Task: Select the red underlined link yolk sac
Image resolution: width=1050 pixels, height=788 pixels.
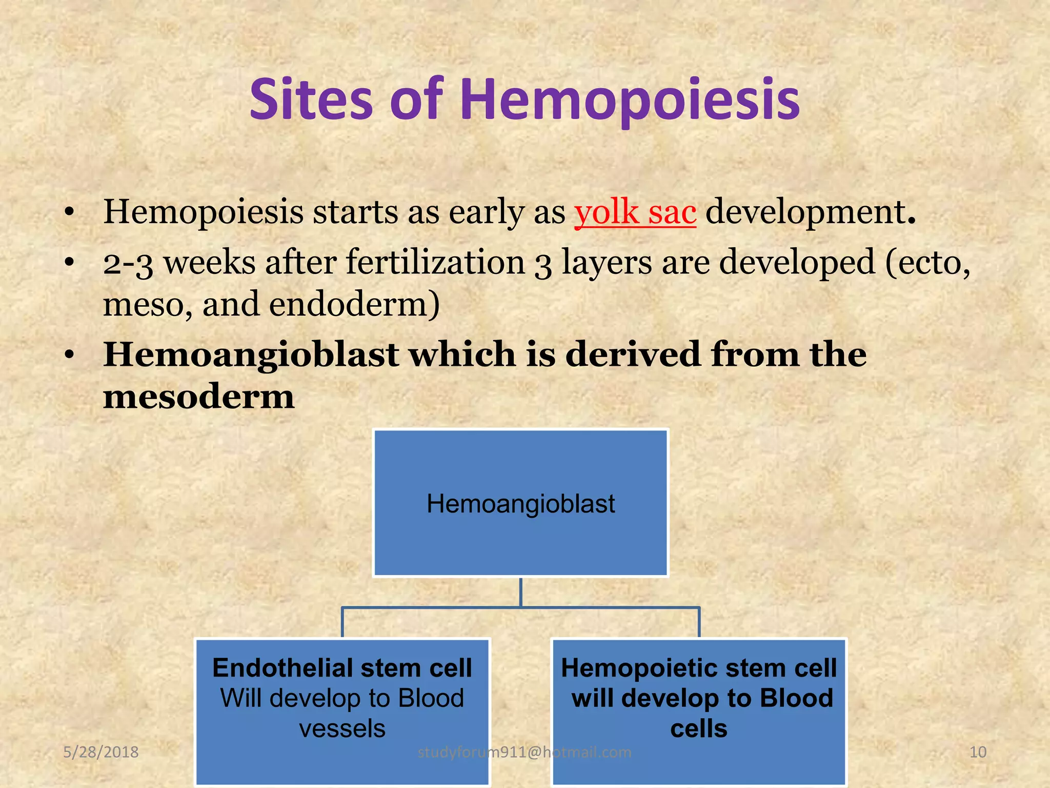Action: [x=635, y=212]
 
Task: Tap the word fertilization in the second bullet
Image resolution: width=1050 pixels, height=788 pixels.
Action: [x=435, y=262]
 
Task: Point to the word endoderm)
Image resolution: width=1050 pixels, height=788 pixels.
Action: [x=354, y=304]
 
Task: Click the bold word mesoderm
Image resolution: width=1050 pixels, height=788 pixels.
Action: [x=199, y=397]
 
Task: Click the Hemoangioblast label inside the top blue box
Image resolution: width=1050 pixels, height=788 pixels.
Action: [x=520, y=504]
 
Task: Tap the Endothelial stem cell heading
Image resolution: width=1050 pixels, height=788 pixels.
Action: [x=342, y=668]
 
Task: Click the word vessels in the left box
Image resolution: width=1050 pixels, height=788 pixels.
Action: [x=342, y=728]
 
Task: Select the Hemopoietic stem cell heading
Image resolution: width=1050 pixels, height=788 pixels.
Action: [x=699, y=668]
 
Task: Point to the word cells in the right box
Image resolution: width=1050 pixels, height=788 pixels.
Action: [x=699, y=728]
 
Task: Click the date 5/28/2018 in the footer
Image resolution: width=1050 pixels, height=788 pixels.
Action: [x=100, y=752]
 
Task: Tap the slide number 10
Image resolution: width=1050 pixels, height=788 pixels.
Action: [x=978, y=752]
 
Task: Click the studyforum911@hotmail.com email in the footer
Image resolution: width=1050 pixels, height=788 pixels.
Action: [x=524, y=752]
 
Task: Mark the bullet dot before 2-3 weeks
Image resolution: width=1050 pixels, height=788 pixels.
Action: [x=70, y=263]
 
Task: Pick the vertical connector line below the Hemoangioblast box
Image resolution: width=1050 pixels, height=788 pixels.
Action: [x=520, y=593]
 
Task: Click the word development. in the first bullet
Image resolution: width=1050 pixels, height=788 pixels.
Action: [x=810, y=212]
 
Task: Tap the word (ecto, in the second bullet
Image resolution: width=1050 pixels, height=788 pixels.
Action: [x=927, y=262]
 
